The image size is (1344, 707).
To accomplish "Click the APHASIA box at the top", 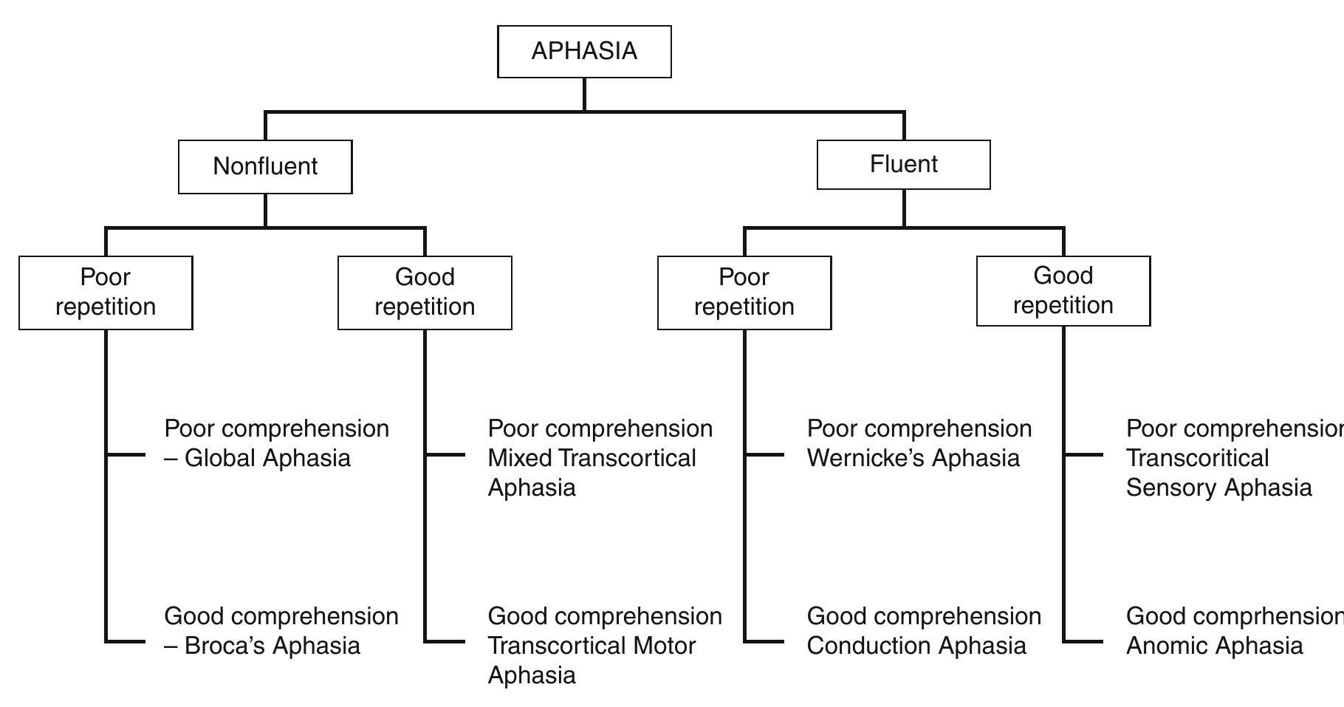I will pyautogui.click(x=584, y=52).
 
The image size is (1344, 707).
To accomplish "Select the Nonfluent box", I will pyautogui.click(x=265, y=167).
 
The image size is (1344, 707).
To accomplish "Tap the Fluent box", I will pyautogui.click(x=903, y=165).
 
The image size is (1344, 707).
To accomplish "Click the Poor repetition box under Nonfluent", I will pyautogui.click(x=106, y=293).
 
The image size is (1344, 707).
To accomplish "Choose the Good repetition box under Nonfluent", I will pyautogui.click(x=425, y=293).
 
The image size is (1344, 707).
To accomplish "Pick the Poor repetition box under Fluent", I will pyautogui.click(x=744, y=293).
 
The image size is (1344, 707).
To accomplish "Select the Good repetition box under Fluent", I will pyautogui.click(x=1063, y=291).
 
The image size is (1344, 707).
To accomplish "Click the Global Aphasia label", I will pyautogui.click(x=267, y=458).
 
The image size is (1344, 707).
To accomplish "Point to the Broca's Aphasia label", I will pyautogui.click(x=272, y=646).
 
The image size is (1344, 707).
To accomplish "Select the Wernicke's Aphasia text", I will pyautogui.click(x=913, y=458).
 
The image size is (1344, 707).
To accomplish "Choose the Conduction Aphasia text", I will pyautogui.click(x=916, y=646).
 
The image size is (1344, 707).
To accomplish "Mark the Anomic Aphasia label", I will pyautogui.click(x=1214, y=646).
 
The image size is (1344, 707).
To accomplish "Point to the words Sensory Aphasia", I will pyautogui.click(x=1218, y=488).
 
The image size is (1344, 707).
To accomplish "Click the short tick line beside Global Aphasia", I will pyautogui.click(x=126, y=454).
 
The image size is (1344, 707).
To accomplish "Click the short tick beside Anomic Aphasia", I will pyautogui.click(x=1084, y=641).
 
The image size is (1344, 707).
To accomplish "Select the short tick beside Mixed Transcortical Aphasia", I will pyautogui.click(x=445, y=454).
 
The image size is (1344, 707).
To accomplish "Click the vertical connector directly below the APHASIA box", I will pyautogui.click(x=584, y=95).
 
